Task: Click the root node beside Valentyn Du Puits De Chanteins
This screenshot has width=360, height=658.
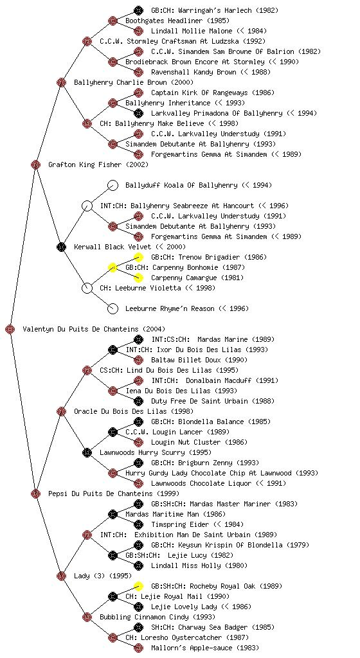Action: click(10, 329)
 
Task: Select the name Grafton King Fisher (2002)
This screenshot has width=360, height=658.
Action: click(98, 164)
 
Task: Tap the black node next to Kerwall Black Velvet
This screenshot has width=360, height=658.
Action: click(61, 247)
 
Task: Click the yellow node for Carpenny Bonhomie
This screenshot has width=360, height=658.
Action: click(113, 267)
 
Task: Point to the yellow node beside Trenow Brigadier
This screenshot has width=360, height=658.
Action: click(138, 257)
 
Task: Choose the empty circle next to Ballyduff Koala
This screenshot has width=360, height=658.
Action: click(113, 185)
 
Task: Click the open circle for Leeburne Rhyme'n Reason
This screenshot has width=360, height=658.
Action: click(113, 308)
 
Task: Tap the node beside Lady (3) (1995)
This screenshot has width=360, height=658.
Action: click(61, 576)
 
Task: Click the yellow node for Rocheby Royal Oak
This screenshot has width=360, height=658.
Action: click(138, 586)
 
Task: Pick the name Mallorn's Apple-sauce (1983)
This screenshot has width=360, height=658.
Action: click(205, 648)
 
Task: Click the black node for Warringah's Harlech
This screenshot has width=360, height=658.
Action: click(138, 10)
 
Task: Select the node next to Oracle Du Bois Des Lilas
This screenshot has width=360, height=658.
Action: click(61, 411)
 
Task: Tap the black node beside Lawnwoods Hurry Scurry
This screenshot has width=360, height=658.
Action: click(87, 452)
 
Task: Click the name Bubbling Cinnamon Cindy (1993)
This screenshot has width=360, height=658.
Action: click(157, 617)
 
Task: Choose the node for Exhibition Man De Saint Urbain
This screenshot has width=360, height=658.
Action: click(87, 535)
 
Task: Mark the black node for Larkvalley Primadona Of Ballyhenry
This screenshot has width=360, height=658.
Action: click(138, 113)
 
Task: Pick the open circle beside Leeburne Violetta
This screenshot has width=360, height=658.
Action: click(87, 288)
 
